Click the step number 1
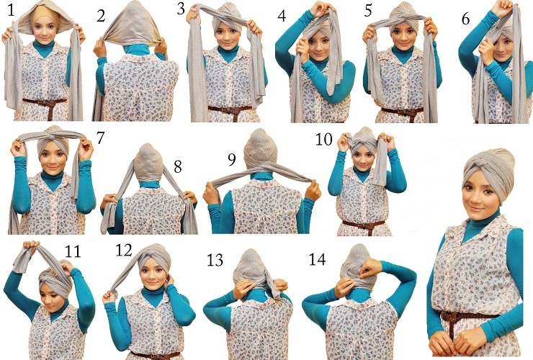pyautogui.click(x=11, y=10)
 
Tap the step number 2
pyautogui.click(x=101, y=16)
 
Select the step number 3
pyautogui.click(x=181, y=9)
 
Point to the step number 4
pyautogui.click(x=282, y=16)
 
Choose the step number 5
pyautogui.click(x=368, y=11)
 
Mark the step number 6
pyautogui.click(x=466, y=19)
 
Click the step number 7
pyautogui.click(x=100, y=138)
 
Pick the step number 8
pyautogui.click(x=178, y=166)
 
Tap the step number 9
pyautogui.click(x=232, y=160)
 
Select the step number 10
pyautogui.click(x=323, y=140)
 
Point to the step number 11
pyautogui.click(x=73, y=251)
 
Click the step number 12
pyautogui.click(x=124, y=250)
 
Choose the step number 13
pyautogui.click(x=215, y=260)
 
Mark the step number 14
pyautogui.click(x=317, y=259)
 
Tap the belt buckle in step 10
pyautogui.click(x=364, y=225)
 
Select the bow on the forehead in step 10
pyautogui.click(x=363, y=143)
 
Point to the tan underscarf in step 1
pyautogui.click(x=44, y=14)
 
